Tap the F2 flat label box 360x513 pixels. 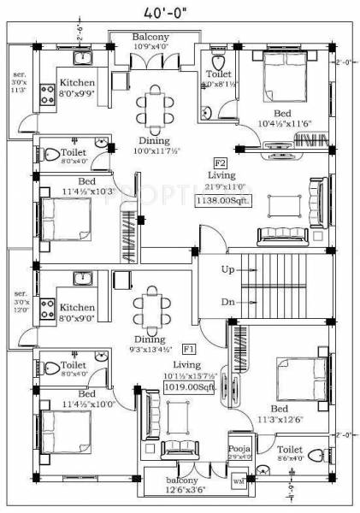(x=221, y=162)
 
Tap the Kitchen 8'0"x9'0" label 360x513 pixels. (x=77, y=310)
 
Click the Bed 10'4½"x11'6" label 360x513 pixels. (x=281, y=119)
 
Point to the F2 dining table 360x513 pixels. (x=155, y=108)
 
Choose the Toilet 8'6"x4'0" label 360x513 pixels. (x=291, y=452)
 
